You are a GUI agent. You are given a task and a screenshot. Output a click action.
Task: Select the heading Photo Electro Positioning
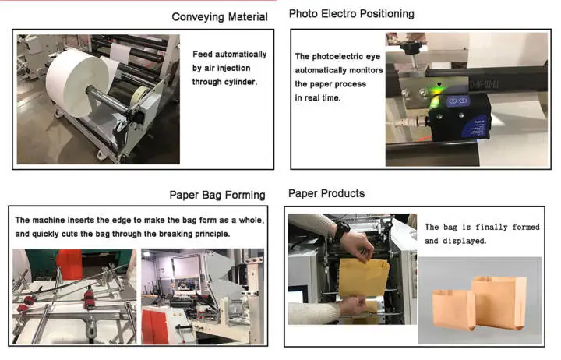pos(351,14)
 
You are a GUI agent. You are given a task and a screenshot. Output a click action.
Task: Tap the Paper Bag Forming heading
pos(217,195)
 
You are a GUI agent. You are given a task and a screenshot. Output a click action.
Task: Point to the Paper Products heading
pos(326,193)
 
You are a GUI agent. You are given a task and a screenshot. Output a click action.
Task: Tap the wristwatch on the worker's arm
pos(340,231)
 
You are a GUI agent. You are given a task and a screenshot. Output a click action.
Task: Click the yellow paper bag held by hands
pos(363,278)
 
